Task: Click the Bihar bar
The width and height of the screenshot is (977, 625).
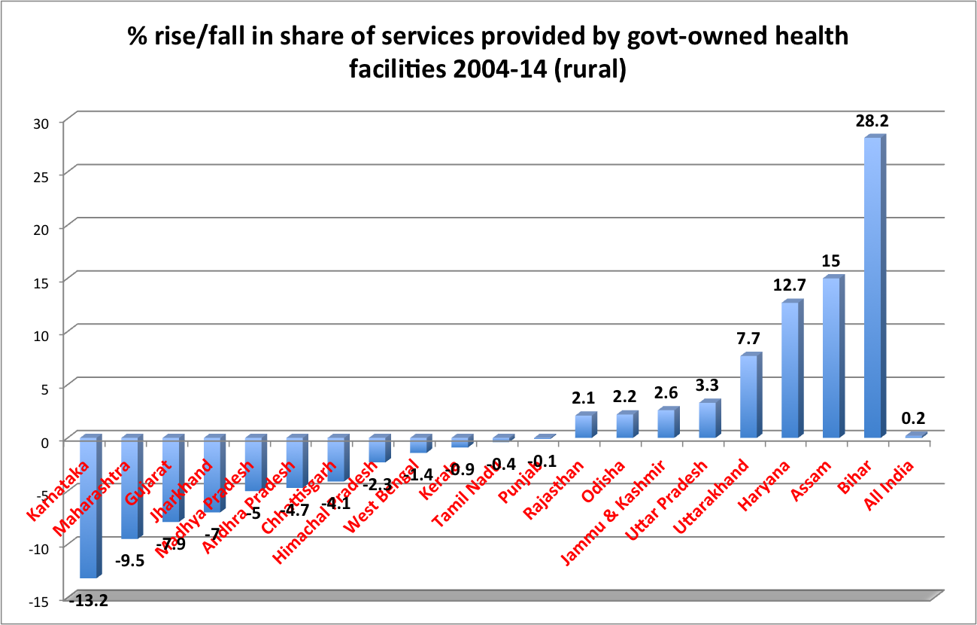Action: (x=872, y=286)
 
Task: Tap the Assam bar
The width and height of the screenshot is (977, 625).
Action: (x=831, y=358)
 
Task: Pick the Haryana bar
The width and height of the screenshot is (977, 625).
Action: (x=790, y=369)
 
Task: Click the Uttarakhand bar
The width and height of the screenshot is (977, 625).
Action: (x=748, y=395)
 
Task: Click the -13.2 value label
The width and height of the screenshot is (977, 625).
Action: (x=88, y=601)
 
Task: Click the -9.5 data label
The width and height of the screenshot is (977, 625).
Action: (x=130, y=560)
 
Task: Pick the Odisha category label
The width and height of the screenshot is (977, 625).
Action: (x=603, y=485)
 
